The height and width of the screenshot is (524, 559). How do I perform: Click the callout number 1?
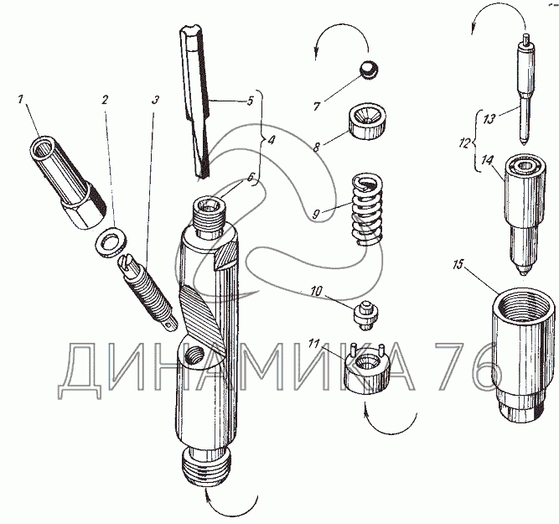[x=22, y=99]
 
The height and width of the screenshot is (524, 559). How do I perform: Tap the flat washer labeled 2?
[x=111, y=242]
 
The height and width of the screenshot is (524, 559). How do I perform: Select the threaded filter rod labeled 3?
[x=148, y=293]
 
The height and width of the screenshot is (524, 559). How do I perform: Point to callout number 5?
[x=250, y=101]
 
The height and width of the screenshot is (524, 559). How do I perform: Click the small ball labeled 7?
[x=370, y=70]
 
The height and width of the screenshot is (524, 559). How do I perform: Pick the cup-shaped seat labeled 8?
[x=369, y=122]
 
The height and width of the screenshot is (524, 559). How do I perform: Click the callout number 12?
[x=464, y=143]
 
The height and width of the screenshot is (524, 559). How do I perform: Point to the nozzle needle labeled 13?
[x=526, y=90]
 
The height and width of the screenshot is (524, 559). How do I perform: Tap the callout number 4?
[x=271, y=140]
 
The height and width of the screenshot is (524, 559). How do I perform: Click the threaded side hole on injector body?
[x=195, y=355]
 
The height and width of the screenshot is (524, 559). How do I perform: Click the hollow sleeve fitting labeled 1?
[x=68, y=182]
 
